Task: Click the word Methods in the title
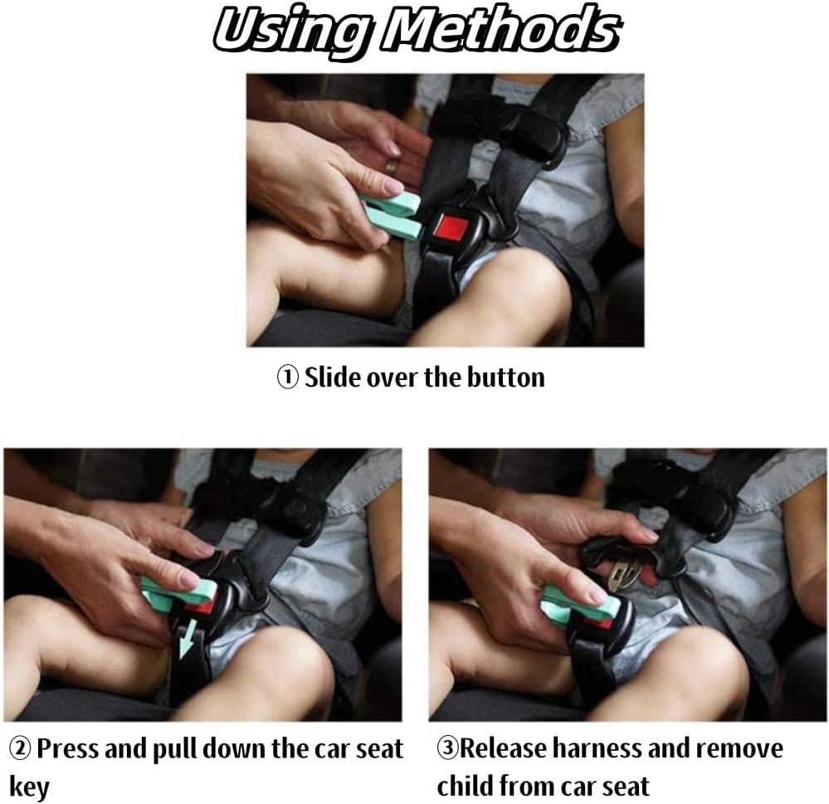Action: tap(500, 30)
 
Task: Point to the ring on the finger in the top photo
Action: tap(391, 166)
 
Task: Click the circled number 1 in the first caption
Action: tap(288, 378)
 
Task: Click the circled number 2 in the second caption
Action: tap(20, 749)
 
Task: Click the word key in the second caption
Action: tap(28, 787)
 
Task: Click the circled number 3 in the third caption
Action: tap(447, 748)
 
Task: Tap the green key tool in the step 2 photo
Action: tap(178, 593)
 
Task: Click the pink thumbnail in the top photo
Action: tap(393, 186)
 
